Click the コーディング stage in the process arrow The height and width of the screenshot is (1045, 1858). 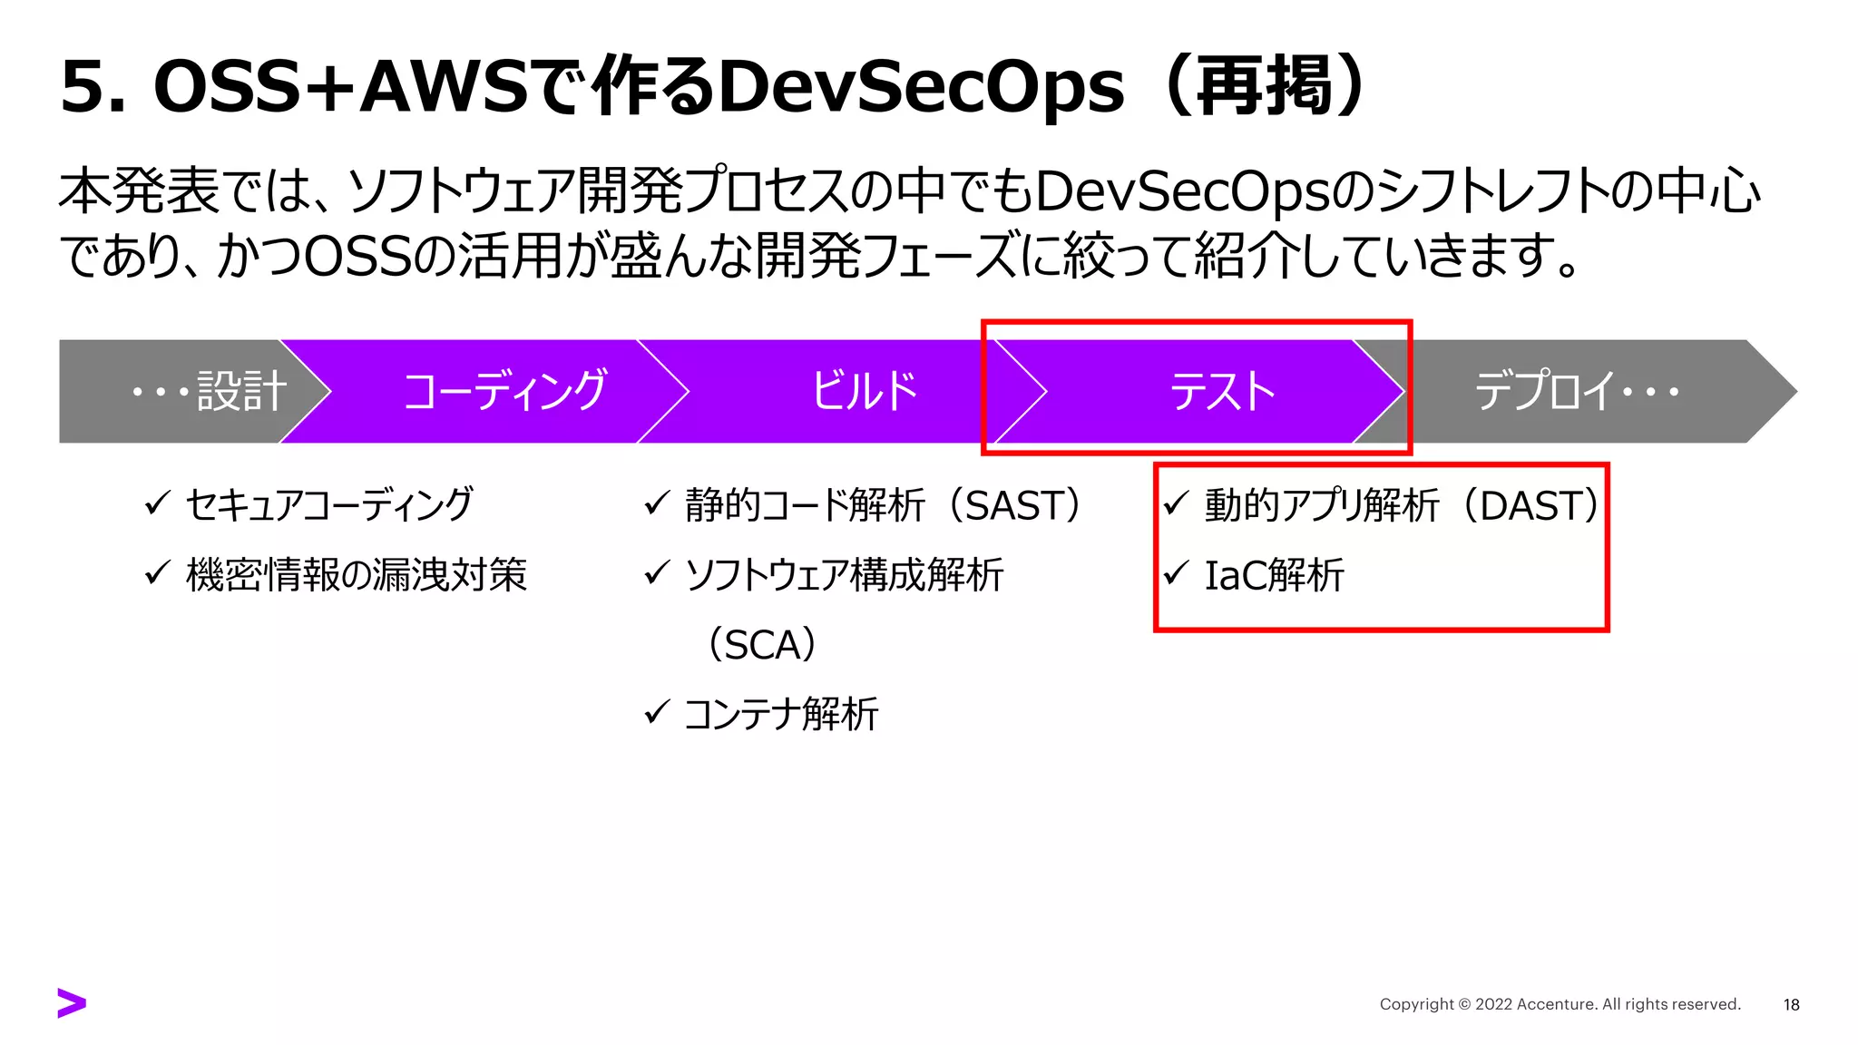(504, 392)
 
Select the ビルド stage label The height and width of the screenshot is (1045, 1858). (864, 392)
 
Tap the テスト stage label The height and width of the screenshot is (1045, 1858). (1222, 392)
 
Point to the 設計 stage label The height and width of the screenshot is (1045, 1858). (241, 392)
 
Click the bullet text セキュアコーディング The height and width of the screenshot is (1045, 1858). (328, 505)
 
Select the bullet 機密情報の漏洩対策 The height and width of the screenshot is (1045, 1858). (356, 575)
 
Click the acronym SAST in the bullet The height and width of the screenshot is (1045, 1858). (1012, 506)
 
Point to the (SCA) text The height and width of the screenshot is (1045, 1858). (762, 645)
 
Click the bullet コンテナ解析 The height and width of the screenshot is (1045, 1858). (780, 715)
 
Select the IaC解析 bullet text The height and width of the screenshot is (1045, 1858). (1274, 575)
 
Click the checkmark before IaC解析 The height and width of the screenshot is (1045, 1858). (1177, 572)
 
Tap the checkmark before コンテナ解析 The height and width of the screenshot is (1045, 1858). (657, 712)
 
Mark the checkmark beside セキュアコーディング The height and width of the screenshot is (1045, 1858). (158, 503)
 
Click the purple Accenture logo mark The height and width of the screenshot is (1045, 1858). (72, 1002)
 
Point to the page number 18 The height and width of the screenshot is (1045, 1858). (1791, 1004)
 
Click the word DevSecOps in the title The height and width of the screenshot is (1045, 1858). (921, 87)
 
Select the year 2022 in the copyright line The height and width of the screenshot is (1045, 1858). (1493, 1004)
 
